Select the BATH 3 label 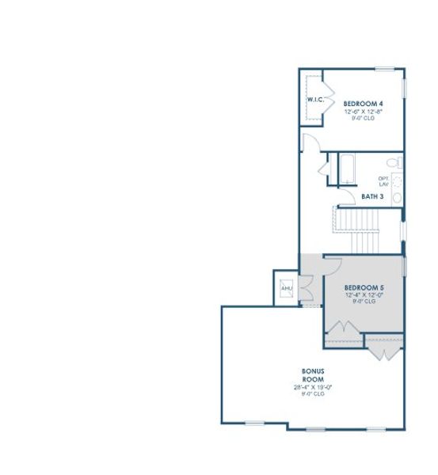[x=372, y=196]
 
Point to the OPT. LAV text [x=383, y=181]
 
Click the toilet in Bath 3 [x=398, y=163]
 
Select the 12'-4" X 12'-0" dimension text [x=364, y=294]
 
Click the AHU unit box [x=286, y=288]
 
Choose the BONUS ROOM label [x=313, y=375]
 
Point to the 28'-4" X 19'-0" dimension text [x=313, y=387]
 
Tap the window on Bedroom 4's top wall [x=386, y=69]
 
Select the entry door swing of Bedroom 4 [x=310, y=143]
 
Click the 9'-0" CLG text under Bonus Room [x=313, y=393]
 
